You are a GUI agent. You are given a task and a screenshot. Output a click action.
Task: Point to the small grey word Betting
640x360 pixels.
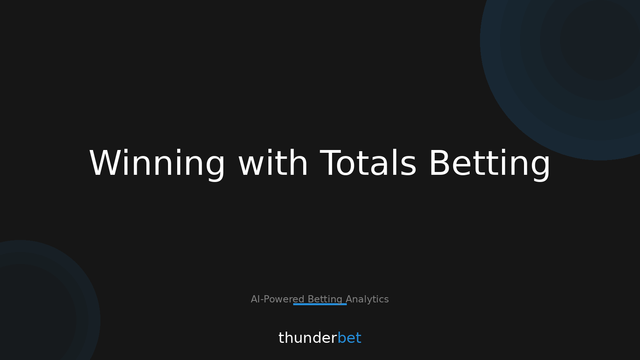point(325,299)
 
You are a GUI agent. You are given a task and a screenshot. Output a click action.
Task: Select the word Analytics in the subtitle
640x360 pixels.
point(367,299)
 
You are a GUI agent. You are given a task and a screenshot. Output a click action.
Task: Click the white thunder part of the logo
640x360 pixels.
point(308,338)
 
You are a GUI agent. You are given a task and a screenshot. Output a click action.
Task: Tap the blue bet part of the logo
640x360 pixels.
point(349,338)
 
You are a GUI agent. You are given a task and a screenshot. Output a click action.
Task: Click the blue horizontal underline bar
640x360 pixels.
point(320,304)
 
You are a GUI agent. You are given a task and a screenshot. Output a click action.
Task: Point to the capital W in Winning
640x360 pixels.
point(105,163)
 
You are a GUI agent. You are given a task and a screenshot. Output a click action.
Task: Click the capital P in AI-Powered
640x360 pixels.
point(266,299)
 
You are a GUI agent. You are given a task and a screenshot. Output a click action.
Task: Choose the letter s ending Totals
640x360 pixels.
point(409,166)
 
